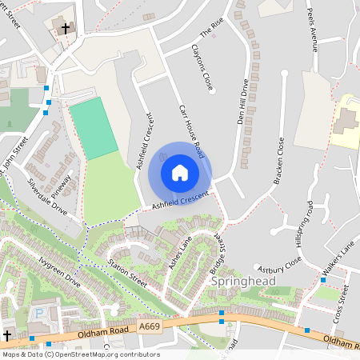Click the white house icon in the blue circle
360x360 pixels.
tap(180, 172)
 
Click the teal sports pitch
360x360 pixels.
tap(94, 128)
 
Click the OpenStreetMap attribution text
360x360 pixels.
tap(80, 354)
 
